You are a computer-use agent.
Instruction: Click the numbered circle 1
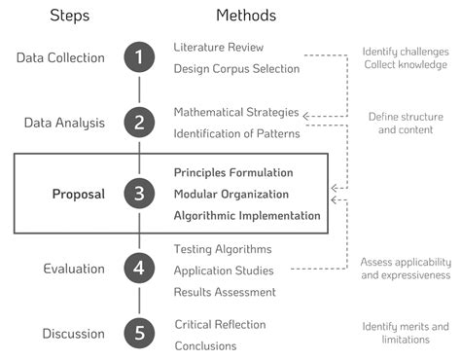(140, 57)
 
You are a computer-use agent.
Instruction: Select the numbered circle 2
(140, 123)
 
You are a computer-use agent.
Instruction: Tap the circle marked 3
(140, 194)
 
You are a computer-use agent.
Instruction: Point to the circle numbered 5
(140, 334)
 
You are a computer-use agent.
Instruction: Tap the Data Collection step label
(60, 57)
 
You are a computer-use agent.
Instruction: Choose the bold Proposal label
(78, 194)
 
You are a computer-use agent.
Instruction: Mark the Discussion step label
(73, 334)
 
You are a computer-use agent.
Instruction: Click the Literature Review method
(218, 47)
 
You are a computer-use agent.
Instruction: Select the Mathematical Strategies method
(236, 112)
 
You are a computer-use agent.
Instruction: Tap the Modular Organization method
(231, 194)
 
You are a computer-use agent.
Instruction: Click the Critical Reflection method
(220, 324)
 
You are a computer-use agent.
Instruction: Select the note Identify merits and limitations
(406, 333)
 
